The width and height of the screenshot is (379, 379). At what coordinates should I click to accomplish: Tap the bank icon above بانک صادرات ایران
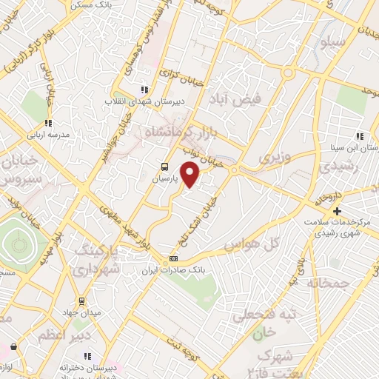click(x=174, y=258)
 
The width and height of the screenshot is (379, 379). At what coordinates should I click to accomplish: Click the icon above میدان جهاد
click(x=81, y=301)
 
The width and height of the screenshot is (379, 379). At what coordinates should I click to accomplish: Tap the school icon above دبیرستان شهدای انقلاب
click(x=144, y=90)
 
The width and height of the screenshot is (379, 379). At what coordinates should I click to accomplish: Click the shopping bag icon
click(x=14, y=346)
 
